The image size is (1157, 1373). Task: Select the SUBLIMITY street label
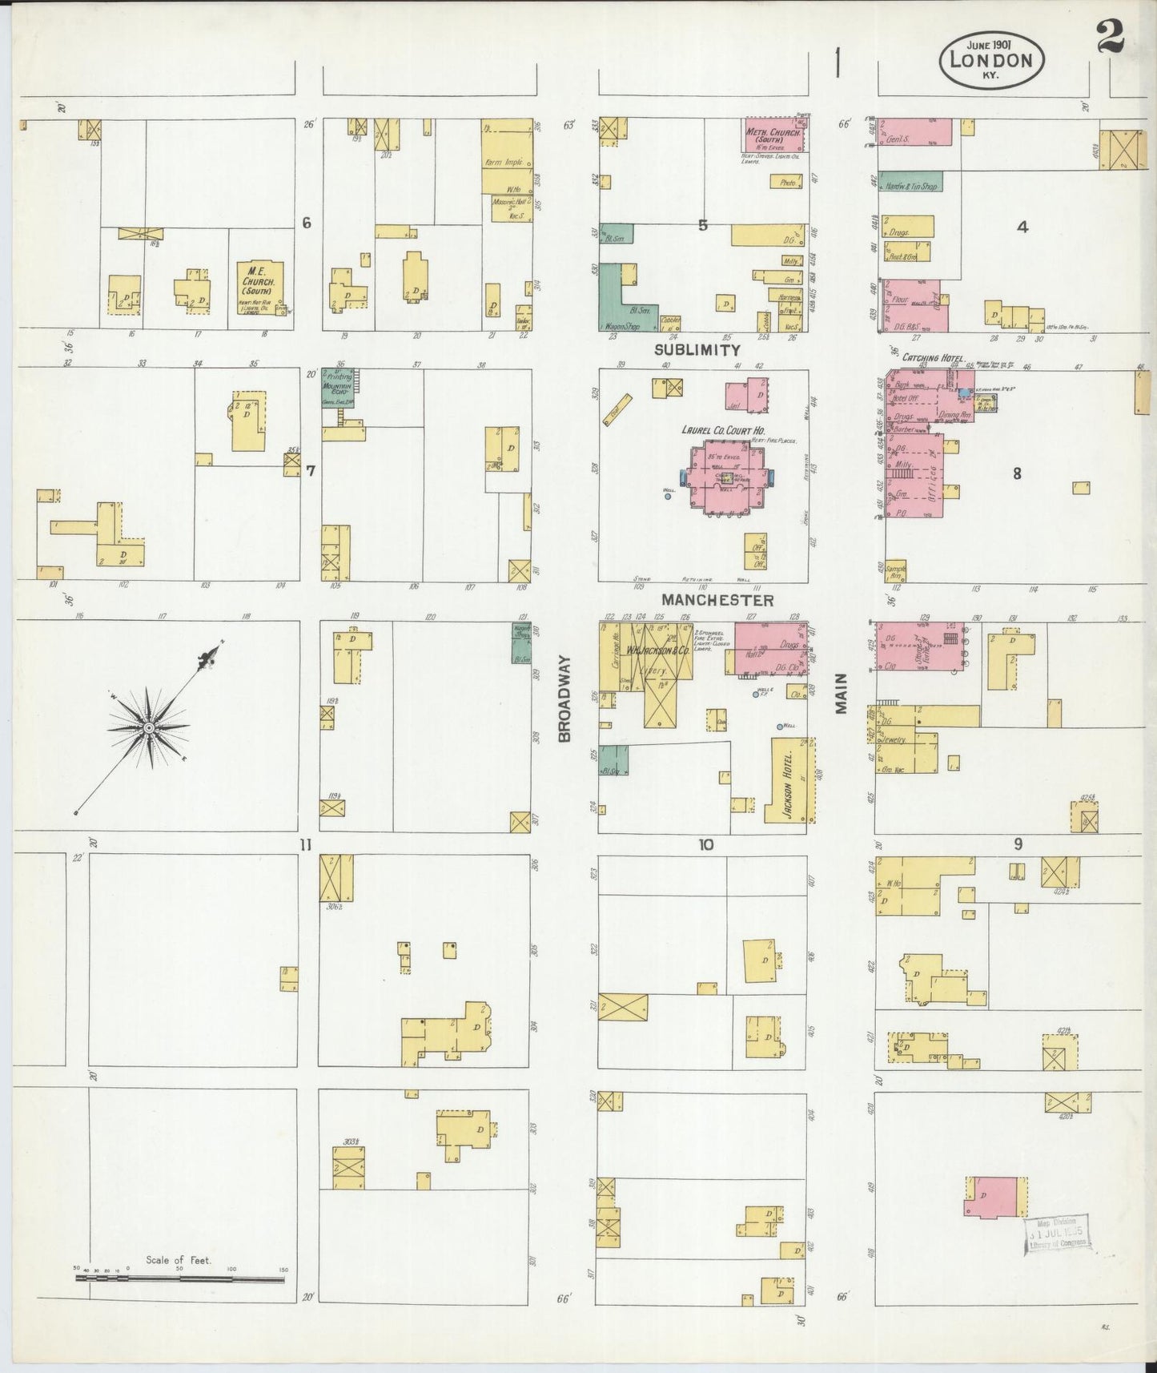[x=697, y=350]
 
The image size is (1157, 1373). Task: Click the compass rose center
[x=149, y=727]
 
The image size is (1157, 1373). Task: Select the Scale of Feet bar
[x=179, y=1279]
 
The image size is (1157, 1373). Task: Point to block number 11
[x=304, y=844]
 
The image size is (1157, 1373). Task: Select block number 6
[x=306, y=223]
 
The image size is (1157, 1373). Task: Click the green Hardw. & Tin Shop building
[x=911, y=182]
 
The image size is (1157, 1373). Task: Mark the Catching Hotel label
[x=933, y=357]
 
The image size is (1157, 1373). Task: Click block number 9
[x=1018, y=844]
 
